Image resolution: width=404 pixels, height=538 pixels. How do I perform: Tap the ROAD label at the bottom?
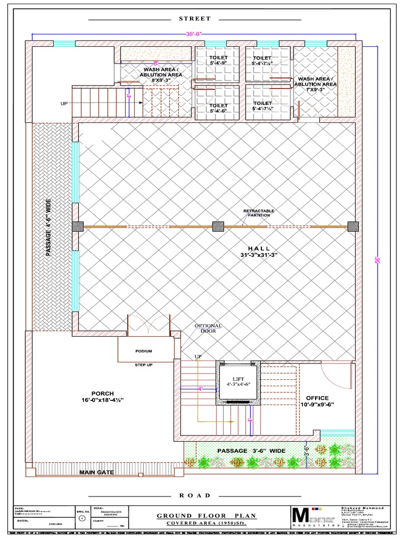(x=195, y=495)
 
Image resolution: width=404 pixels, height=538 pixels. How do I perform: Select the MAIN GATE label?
(x=96, y=472)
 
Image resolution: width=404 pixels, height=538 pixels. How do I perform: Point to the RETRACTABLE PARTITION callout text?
(x=258, y=213)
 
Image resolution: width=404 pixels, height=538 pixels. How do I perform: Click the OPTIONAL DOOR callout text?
(x=209, y=329)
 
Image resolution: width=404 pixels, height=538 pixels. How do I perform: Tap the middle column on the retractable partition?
(x=218, y=226)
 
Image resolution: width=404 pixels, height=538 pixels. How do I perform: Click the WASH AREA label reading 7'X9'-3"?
(x=315, y=84)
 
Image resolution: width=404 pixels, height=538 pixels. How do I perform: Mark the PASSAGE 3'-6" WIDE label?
(x=251, y=451)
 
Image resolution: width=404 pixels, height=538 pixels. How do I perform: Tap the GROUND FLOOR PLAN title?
(x=206, y=516)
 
